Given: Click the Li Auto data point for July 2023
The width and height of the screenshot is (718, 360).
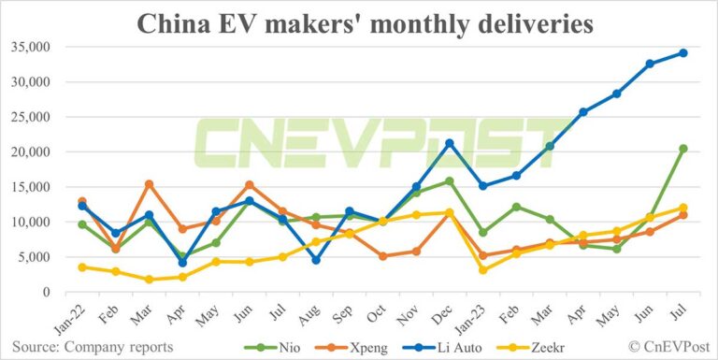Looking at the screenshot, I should click(682, 52).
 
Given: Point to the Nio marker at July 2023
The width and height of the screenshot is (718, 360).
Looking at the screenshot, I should click(682, 149).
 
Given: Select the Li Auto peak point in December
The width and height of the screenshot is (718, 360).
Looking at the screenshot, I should click(449, 143).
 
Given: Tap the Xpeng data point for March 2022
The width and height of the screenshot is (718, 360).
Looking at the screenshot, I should click(149, 184).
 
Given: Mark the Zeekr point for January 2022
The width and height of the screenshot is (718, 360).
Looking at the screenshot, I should click(82, 266).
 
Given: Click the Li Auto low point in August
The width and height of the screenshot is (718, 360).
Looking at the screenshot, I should click(316, 260).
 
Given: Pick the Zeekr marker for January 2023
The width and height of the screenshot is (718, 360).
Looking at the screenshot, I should click(482, 270).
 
